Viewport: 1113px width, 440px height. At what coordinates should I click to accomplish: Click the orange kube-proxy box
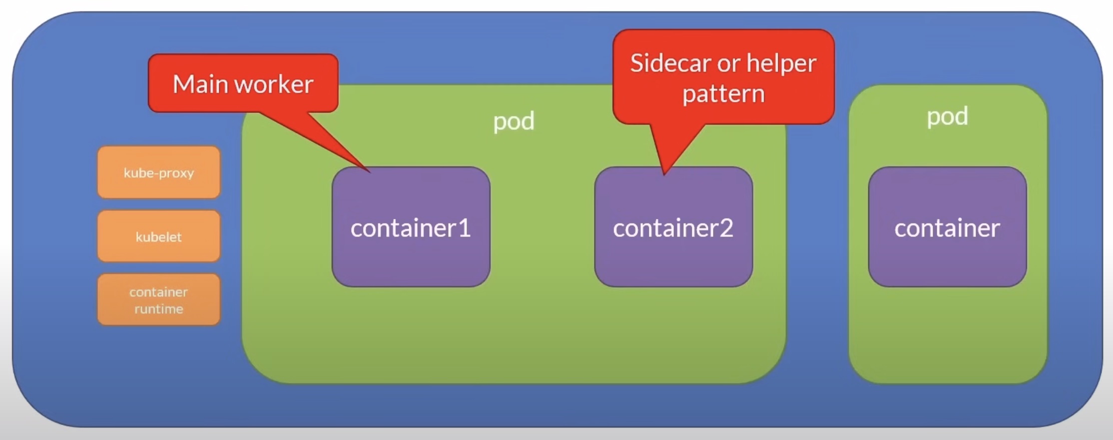point(159,172)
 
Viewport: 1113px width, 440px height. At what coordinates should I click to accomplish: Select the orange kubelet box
point(159,236)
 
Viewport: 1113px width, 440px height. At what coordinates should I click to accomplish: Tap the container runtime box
point(159,300)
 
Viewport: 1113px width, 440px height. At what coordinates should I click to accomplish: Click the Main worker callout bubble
point(243,83)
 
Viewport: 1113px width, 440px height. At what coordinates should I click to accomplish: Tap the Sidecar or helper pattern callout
point(723,77)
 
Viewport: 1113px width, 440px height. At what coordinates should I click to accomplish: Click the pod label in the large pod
point(514,121)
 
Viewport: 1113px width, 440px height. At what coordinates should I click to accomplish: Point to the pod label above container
point(947,116)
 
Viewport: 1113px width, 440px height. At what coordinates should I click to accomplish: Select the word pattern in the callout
point(723,94)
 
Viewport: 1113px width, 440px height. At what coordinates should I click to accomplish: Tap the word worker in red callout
point(274,84)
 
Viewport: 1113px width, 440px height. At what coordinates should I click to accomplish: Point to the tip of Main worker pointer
point(369,171)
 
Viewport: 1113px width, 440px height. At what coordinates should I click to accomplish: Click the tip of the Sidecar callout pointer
point(664,173)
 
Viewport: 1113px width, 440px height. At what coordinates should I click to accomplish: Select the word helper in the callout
point(781,64)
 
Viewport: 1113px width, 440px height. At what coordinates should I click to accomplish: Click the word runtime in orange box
point(159,309)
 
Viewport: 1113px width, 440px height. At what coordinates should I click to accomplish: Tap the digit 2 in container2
point(726,228)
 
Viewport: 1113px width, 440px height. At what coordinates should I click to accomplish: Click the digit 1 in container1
point(464,228)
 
